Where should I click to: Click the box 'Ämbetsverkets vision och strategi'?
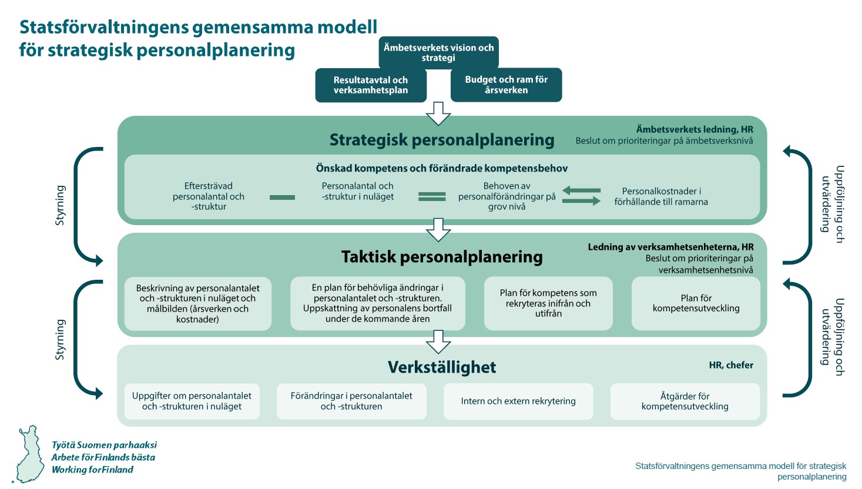click(x=438, y=52)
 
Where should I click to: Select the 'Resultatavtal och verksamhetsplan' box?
click(x=371, y=85)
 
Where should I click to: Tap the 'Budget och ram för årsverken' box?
click(x=506, y=85)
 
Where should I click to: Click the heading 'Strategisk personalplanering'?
click(x=442, y=140)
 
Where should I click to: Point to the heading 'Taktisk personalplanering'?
click(x=442, y=257)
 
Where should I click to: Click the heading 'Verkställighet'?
click(x=442, y=367)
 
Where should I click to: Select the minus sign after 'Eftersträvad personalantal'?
click(x=282, y=197)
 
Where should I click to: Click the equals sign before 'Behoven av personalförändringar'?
click(x=432, y=197)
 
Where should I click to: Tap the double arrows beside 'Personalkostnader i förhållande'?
click(x=581, y=196)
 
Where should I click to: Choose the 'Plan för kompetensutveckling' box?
click(x=696, y=303)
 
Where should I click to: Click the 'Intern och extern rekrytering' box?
click(x=518, y=401)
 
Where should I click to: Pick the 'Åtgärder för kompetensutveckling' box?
click(x=685, y=401)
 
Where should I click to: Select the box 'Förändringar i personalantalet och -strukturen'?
click(x=351, y=401)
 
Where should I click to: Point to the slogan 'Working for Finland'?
click(x=92, y=470)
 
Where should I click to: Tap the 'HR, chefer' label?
click(x=731, y=365)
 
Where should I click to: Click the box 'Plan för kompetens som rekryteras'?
click(x=548, y=303)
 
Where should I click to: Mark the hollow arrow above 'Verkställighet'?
click(x=438, y=341)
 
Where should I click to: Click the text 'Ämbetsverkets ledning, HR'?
click(x=694, y=129)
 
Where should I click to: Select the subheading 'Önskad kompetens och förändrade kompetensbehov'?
click(x=442, y=169)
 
